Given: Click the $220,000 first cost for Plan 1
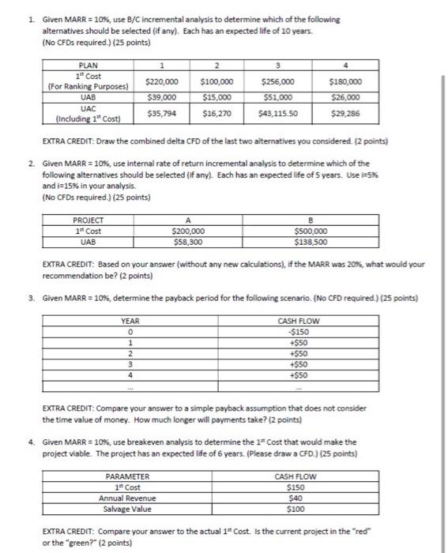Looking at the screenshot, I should (161, 81).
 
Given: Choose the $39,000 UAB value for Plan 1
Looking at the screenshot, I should (161, 97).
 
